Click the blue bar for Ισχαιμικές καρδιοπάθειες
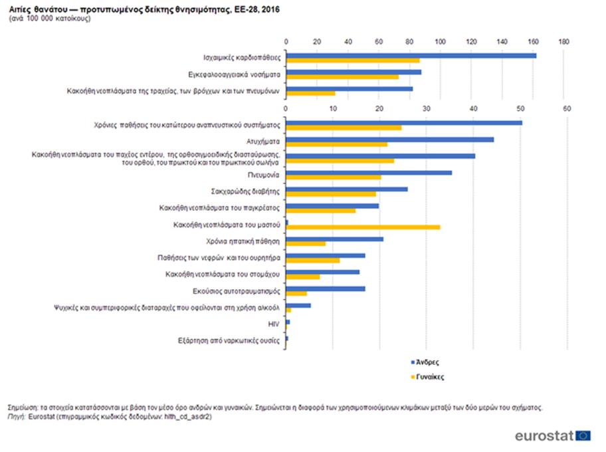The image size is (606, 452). coord(411,55)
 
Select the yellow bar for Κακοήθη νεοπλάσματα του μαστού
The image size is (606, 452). coord(363,227)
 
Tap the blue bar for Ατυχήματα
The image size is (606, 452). coord(389,140)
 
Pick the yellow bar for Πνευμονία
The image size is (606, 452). coord(333,177)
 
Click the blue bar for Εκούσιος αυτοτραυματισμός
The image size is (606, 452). coord(325,288)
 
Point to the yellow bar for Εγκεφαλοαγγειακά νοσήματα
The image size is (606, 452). coord(342,77)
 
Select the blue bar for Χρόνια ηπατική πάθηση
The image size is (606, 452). coord(334,239)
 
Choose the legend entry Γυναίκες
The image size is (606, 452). coord(430,376)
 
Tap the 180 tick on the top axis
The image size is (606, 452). coord(564,42)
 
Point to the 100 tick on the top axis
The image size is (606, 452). coord(440,42)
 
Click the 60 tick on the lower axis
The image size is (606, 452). coord(566,108)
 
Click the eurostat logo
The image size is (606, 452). coord(552,435)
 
